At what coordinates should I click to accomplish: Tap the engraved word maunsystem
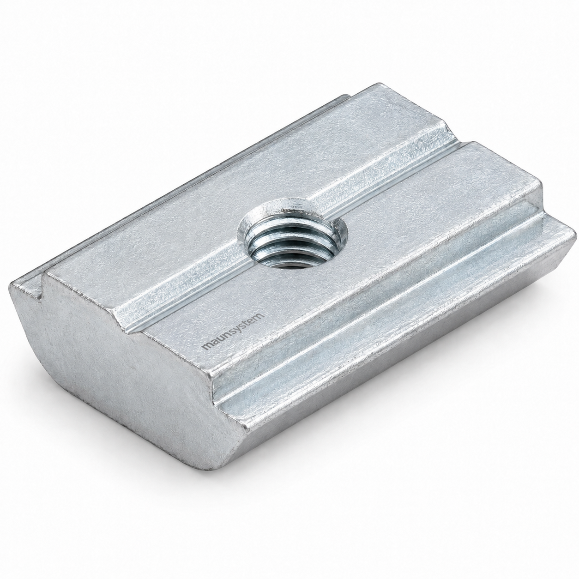click(x=233, y=331)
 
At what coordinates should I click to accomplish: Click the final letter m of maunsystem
click(x=261, y=316)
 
